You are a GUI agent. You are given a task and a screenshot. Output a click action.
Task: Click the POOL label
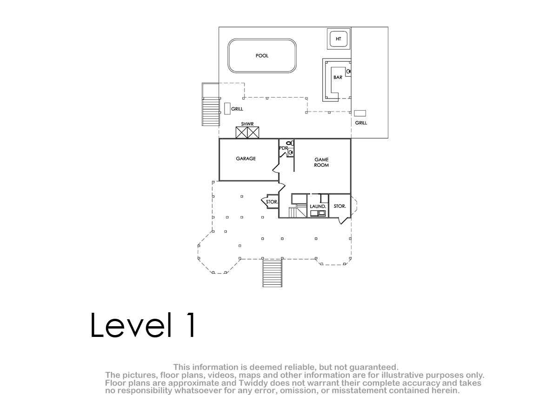[262, 56]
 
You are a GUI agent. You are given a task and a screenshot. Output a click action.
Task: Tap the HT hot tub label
[339, 39]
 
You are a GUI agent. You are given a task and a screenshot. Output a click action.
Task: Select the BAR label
[338, 78]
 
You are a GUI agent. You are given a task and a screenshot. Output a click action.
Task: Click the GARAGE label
[246, 158]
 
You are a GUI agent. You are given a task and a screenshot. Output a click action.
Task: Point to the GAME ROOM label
[321, 162]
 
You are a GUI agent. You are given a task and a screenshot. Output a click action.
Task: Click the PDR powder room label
[284, 148]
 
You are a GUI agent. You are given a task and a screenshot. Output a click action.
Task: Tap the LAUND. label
[318, 206]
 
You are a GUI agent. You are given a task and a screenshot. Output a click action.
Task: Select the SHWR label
[247, 124]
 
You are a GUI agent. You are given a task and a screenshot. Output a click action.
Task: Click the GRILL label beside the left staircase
[237, 109]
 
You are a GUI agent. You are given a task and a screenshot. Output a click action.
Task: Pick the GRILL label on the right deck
[361, 123]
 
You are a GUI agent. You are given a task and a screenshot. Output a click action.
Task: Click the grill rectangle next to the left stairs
[227, 109]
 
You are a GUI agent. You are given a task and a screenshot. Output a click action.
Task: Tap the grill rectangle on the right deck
[360, 113]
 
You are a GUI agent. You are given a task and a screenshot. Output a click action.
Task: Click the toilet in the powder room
[290, 143]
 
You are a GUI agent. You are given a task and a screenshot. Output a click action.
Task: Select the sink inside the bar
[348, 72]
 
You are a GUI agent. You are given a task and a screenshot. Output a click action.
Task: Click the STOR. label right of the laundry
[340, 206]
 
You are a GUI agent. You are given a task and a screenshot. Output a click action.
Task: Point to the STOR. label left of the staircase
[272, 202]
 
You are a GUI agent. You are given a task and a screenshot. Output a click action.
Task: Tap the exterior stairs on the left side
[211, 112]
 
